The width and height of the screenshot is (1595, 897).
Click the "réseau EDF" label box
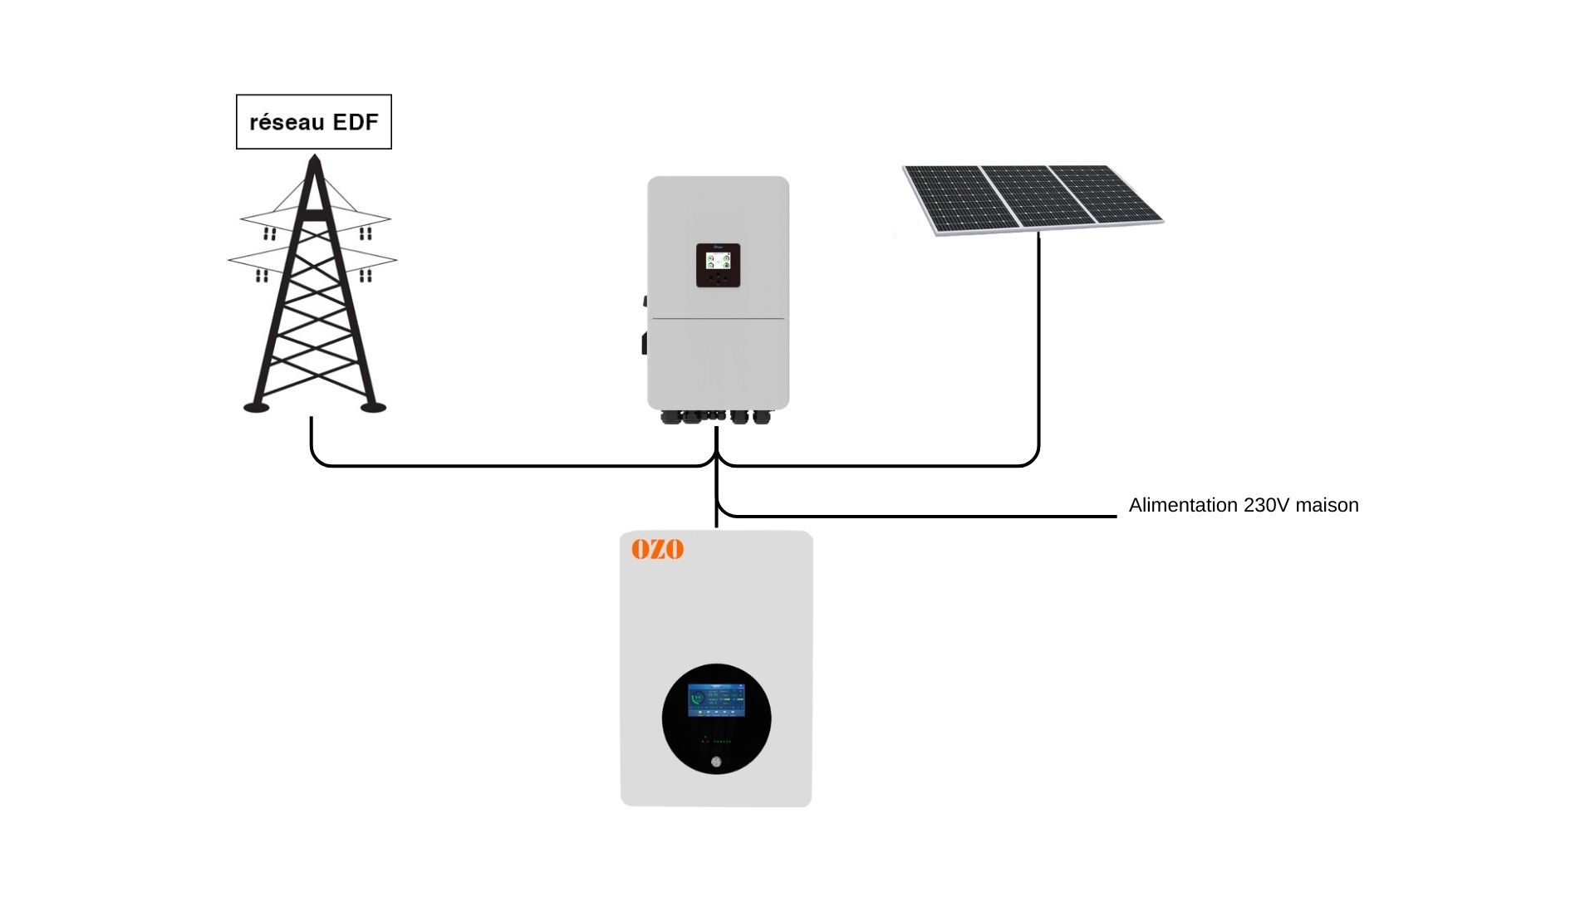click(x=314, y=122)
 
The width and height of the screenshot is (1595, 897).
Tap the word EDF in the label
click(x=356, y=122)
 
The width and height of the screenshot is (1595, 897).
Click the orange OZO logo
click(x=657, y=549)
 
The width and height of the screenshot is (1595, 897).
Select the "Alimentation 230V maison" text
click(x=1243, y=505)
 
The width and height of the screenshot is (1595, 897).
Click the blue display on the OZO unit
click(x=716, y=700)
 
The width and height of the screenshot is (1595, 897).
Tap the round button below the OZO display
click(x=716, y=762)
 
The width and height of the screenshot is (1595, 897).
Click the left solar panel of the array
click(x=959, y=199)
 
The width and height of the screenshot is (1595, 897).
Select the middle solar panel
click(x=1038, y=195)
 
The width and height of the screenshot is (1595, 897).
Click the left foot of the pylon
click(x=256, y=407)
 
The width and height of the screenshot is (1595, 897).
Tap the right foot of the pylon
click(x=373, y=407)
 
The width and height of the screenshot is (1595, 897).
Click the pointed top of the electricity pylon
click(x=314, y=159)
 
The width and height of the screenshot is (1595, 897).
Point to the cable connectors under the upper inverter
click(x=717, y=416)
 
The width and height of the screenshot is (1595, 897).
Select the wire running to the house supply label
click(x=914, y=516)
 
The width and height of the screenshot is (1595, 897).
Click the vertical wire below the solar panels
click(x=1038, y=349)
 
